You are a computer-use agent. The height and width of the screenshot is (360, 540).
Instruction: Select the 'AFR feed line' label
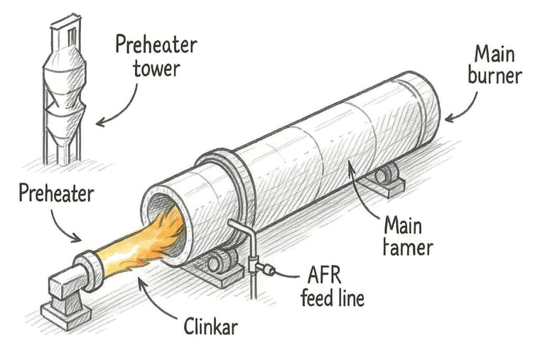tap(332, 286)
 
